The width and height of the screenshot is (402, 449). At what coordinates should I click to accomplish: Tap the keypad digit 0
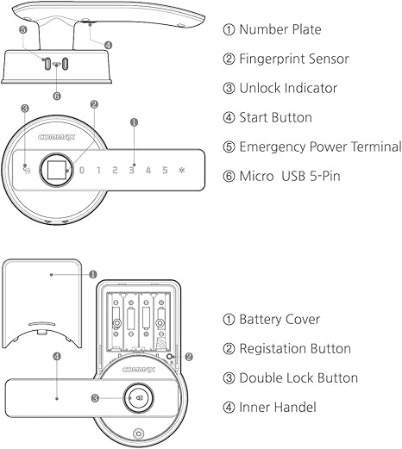[x=82, y=170]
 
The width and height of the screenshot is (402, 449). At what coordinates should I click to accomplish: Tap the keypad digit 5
[x=164, y=170]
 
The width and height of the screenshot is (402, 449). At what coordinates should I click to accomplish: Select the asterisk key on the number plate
[x=181, y=170]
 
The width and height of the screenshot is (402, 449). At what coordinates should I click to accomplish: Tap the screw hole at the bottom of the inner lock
[x=138, y=433]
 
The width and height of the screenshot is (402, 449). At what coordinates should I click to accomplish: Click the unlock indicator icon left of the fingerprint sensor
[x=27, y=168]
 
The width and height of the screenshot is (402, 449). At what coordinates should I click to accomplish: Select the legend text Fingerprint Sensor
[x=293, y=59]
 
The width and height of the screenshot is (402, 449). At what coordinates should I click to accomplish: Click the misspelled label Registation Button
[x=295, y=348]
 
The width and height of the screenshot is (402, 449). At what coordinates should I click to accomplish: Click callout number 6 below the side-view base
[x=57, y=96]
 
